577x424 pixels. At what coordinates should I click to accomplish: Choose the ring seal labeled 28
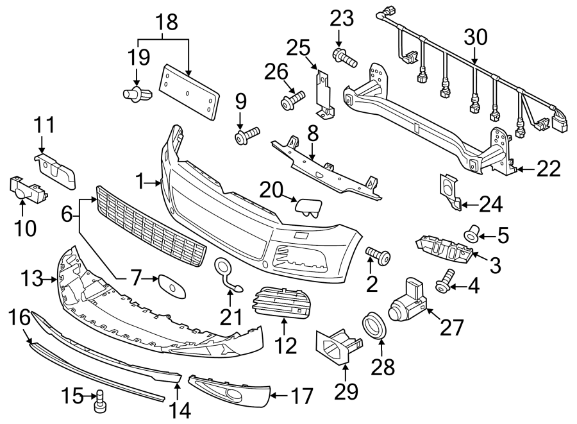(376, 325)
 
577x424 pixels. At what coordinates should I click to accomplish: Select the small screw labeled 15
(99, 403)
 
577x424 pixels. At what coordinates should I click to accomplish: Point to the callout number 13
(30, 279)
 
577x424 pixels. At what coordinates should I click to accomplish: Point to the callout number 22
(549, 169)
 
